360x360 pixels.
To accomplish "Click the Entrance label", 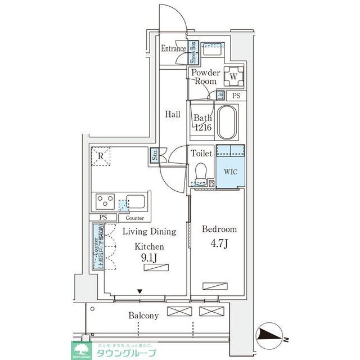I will coord(173,49).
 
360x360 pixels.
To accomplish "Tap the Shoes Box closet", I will coord(192,52).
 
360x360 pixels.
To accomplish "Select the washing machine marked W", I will coord(233,76).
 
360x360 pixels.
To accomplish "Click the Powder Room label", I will coord(205,77).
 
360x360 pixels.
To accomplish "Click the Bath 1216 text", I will coord(202,123).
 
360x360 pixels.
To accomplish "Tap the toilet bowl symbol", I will coord(201,170).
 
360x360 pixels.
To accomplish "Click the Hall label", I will coord(173,114).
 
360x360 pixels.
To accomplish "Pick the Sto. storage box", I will coord(154,155).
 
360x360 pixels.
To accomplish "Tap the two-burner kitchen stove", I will coord(105,201).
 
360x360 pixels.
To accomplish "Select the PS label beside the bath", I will coord(236,96).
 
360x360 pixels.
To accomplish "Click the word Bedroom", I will coord(219,229).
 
